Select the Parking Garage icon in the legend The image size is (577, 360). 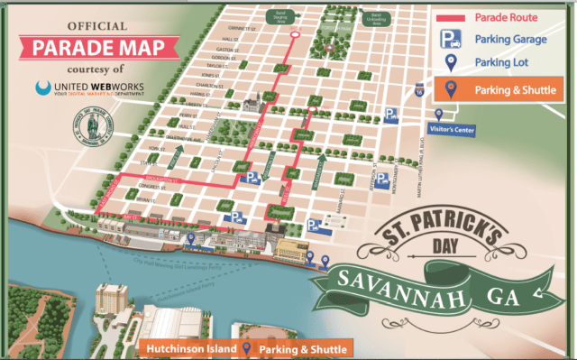(x=448, y=39)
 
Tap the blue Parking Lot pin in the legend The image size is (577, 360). (x=447, y=62)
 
